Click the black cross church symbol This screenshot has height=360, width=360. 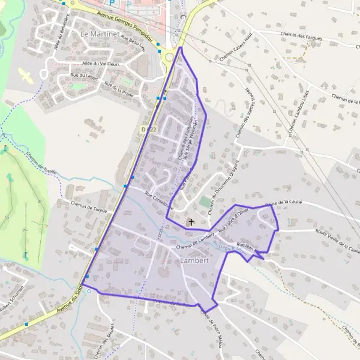[191, 222]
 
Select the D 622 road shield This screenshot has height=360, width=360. [148, 129]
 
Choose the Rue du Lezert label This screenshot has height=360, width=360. [83, 76]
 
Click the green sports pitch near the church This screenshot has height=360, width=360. [206, 202]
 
